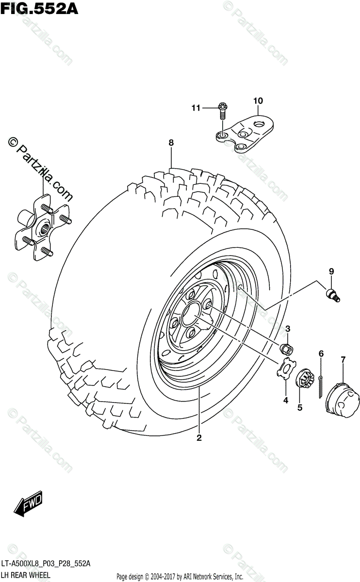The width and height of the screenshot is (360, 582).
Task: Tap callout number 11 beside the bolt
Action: tap(195, 108)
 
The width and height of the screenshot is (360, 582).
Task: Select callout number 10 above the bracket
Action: tap(258, 101)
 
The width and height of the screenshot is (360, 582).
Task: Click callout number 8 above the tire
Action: tap(171, 143)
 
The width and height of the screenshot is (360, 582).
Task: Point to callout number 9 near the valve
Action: tap(331, 272)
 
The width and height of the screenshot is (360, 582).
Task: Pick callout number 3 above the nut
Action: tap(287, 330)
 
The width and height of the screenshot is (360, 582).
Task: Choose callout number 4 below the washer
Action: tap(286, 400)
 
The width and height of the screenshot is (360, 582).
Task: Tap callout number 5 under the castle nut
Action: tap(300, 408)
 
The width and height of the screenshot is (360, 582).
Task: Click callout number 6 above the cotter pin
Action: tap(321, 355)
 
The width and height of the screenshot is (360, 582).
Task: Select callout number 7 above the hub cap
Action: tap(343, 359)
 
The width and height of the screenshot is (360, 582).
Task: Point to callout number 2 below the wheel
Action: tap(199, 438)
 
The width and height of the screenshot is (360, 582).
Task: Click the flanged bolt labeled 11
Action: tap(222, 113)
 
